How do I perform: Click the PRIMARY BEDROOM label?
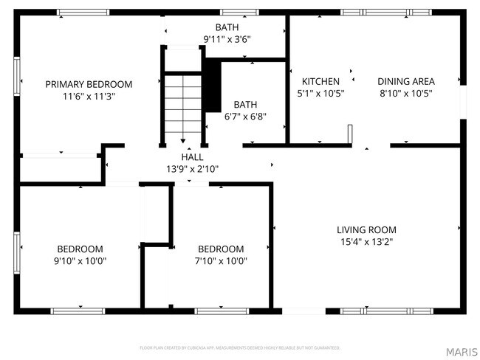coord(89,84)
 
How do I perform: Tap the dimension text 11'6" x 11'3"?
coord(89,96)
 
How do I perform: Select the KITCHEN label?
coord(320,81)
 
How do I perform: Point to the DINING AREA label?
coord(405,81)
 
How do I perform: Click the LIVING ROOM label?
coord(367,229)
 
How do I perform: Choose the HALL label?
coord(192,157)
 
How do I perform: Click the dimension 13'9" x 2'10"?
coord(192,169)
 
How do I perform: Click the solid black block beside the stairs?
coord(213,86)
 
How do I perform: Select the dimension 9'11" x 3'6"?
coord(227,39)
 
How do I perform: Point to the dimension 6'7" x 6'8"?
coord(245,116)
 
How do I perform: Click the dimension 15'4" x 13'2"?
coord(367,241)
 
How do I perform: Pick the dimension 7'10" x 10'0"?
coord(221,260)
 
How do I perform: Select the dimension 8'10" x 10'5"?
coord(405,93)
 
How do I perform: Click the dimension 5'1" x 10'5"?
coord(320,93)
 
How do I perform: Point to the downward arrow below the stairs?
coord(182,139)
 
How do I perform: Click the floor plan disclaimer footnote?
coord(240,347)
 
